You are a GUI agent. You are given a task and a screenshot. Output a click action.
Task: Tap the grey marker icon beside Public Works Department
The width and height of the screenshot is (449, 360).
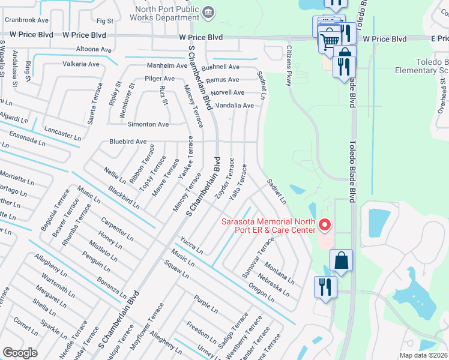(209, 10)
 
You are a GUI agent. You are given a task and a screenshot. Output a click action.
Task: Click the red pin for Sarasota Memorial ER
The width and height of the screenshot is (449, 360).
(325, 225)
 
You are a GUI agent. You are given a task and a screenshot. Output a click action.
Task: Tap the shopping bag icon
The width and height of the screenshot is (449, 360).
(341, 260)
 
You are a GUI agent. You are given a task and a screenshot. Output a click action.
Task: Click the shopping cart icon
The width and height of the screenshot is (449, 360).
(328, 41)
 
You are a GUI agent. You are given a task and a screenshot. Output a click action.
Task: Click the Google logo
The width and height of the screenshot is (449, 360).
(20, 353)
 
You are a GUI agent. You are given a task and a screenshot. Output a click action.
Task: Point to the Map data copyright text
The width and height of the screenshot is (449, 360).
(423, 355)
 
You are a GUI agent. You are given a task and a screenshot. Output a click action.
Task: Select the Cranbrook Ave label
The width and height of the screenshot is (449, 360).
(26, 20)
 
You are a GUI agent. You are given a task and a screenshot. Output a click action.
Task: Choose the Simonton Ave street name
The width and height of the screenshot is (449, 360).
(147, 124)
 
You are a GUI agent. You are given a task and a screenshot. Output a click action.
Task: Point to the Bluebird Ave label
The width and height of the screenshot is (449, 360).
(128, 142)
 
